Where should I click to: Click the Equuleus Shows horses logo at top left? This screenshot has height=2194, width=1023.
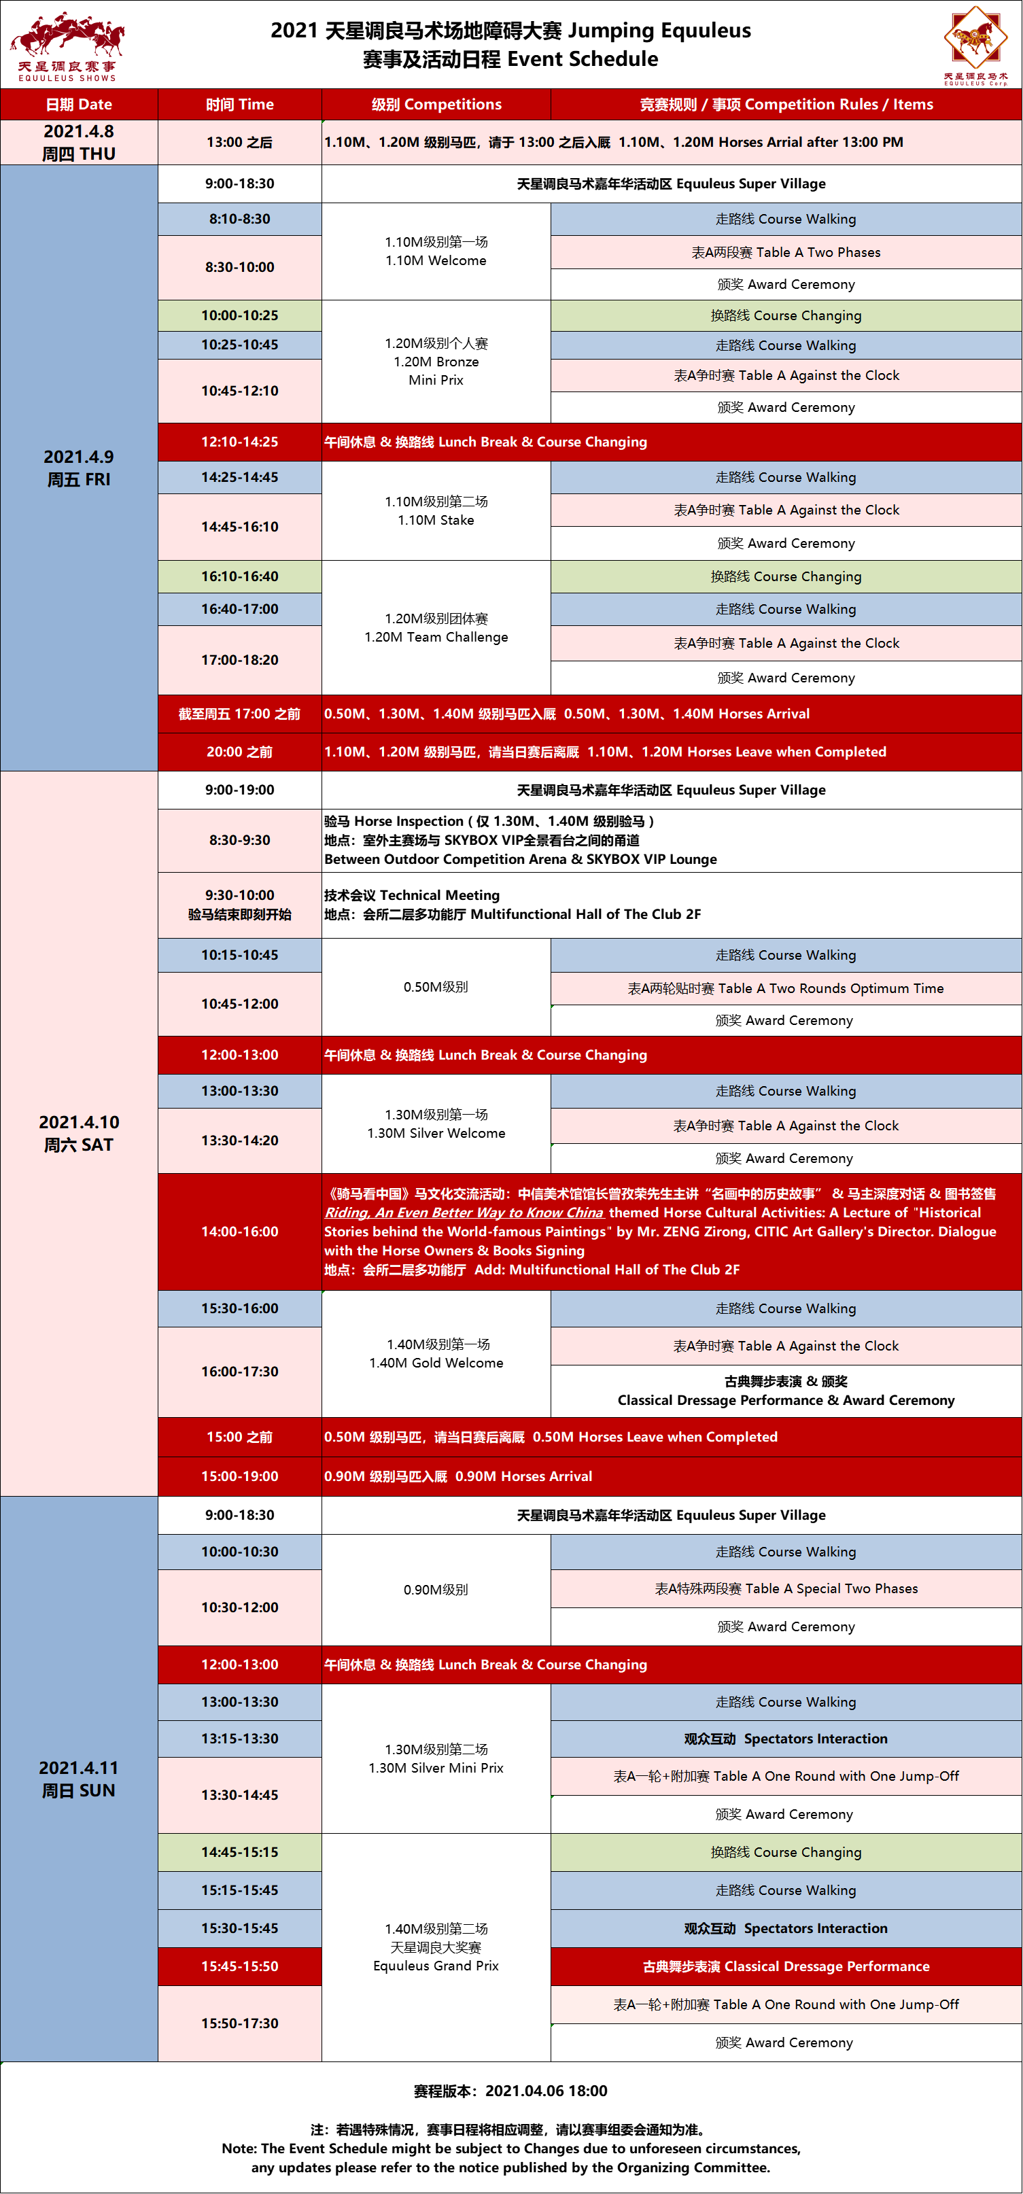[67, 46]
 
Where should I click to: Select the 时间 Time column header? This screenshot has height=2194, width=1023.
[239, 105]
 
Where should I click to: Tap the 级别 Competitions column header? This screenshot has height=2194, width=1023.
[436, 105]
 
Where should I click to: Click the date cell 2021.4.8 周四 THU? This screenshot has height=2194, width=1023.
[78, 142]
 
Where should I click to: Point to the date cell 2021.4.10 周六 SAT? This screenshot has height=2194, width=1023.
[78, 1133]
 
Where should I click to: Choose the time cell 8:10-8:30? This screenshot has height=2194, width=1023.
[239, 219]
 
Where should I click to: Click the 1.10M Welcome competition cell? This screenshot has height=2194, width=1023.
[436, 251]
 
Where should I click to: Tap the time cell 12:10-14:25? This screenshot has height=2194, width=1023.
[239, 442]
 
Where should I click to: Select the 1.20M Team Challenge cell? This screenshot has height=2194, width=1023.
[436, 628]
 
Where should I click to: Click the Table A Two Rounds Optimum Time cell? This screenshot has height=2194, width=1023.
[785, 988]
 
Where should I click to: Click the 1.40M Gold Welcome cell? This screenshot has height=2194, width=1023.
[436, 1353]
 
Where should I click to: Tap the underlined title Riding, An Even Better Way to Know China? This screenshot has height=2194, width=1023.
[464, 1213]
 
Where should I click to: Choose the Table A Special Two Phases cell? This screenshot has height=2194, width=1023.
[785, 1588]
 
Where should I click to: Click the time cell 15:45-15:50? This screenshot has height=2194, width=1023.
[239, 1966]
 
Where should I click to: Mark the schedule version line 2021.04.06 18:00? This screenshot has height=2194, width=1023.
[511, 2091]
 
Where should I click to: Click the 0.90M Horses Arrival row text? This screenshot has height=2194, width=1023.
[457, 1476]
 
